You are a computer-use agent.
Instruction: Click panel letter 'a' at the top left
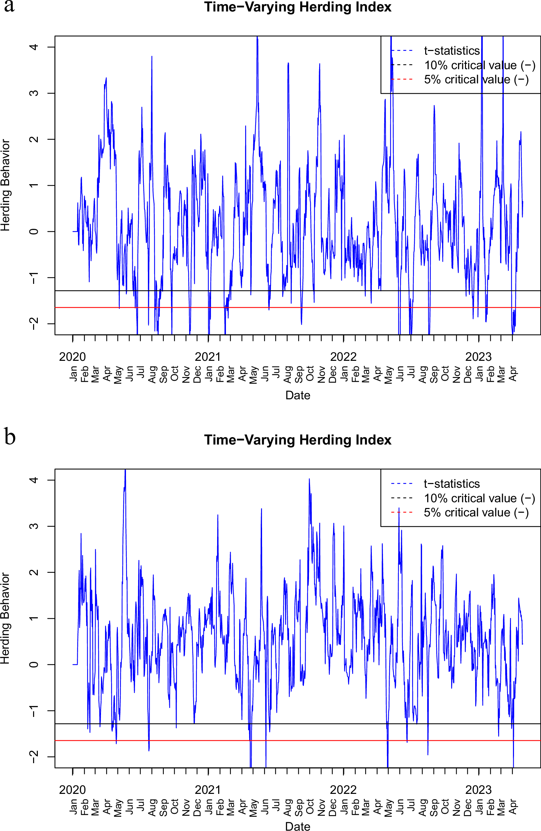[9, 6]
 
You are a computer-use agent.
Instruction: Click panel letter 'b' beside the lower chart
[10, 437]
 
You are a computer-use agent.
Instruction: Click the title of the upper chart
[298, 7]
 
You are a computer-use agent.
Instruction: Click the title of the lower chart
[298, 439]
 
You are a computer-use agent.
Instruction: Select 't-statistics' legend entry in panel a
[452, 51]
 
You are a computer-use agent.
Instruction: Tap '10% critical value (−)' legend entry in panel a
[480, 65]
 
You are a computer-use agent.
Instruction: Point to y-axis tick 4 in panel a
[34, 47]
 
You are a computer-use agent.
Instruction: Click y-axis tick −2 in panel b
[34, 757]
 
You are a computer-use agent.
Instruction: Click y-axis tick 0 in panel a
[34, 231]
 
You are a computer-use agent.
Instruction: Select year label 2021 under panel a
[208, 357]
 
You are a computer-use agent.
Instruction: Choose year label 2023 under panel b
[478, 789]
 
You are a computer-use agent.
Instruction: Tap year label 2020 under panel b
[72, 789]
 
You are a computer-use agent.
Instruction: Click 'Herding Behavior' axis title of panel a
[6, 185]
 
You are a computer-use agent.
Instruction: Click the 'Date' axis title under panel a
[298, 395]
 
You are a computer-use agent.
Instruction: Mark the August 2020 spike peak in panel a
[152, 57]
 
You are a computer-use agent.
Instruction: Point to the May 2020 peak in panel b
[125, 470]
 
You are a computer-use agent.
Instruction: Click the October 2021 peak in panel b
[309, 479]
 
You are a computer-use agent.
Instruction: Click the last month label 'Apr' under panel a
[512, 374]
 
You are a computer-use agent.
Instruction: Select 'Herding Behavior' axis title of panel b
[6, 618]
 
